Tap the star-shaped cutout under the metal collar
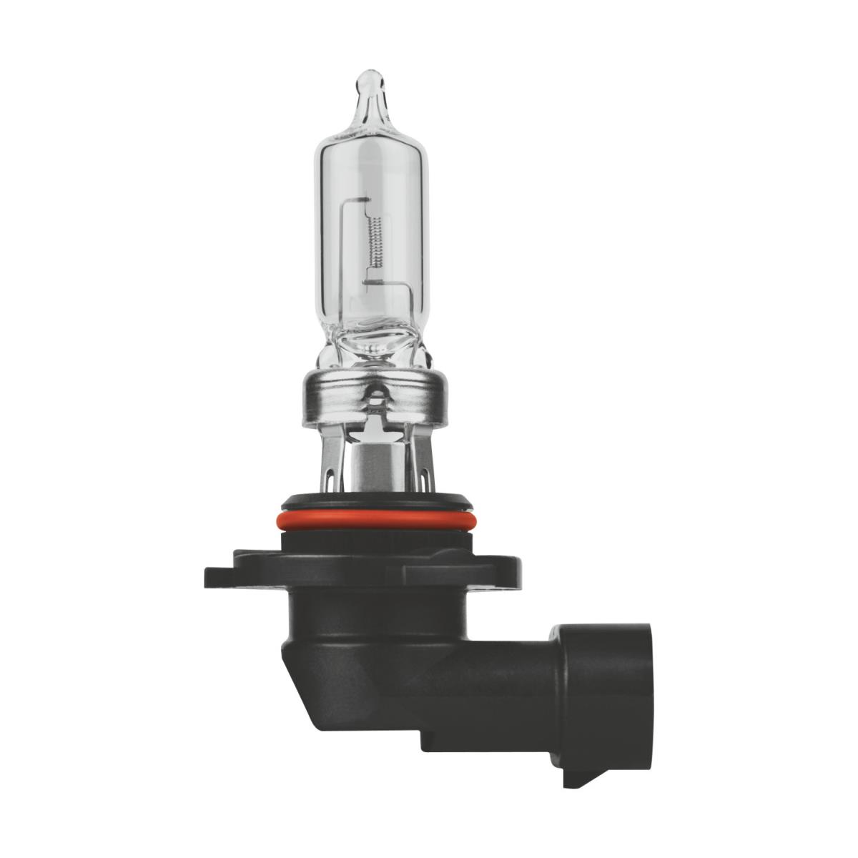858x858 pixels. [x=373, y=429]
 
